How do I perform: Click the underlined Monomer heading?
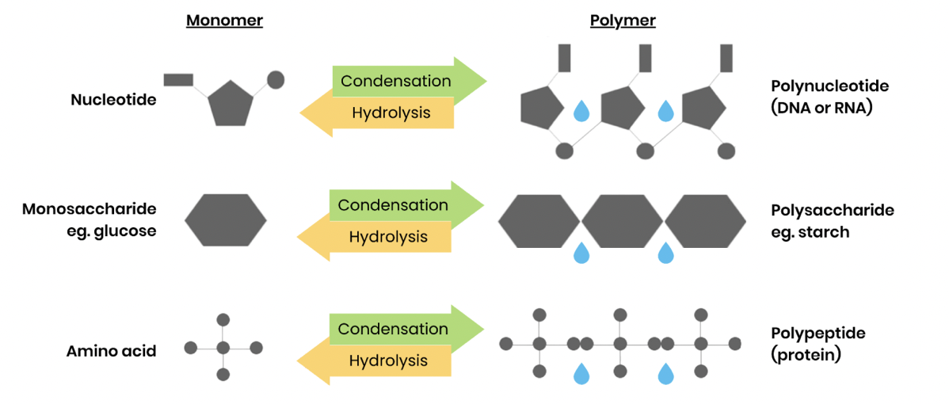click(224, 21)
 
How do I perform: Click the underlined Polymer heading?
click(623, 21)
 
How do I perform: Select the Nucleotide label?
click(113, 100)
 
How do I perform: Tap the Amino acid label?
click(111, 351)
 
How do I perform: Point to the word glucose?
click(124, 231)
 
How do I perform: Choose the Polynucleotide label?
click(829, 86)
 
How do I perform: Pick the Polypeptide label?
click(818, 333)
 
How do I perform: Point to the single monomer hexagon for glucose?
click(226, 218)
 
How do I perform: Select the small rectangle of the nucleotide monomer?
click(178, 79)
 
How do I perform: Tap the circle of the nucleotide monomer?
click(276, 79)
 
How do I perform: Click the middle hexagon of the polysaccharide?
click(622, 219)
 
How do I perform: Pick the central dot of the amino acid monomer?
click(223, 348)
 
